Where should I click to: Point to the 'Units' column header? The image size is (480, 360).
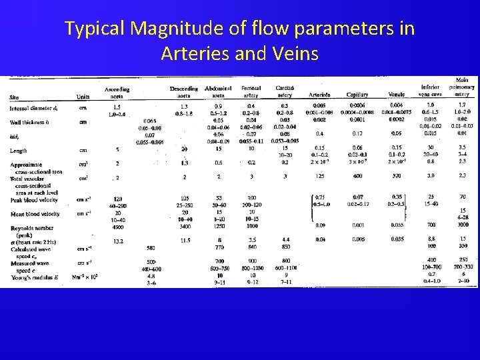(x=83, y=97)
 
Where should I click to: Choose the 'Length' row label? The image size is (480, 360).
(x=19, y=150)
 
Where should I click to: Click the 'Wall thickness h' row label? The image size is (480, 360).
(x=31, y=121)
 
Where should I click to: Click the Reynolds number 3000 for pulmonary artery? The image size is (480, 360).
(x=461, y=226)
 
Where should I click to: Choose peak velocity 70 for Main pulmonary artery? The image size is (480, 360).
(x=461, y=197)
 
